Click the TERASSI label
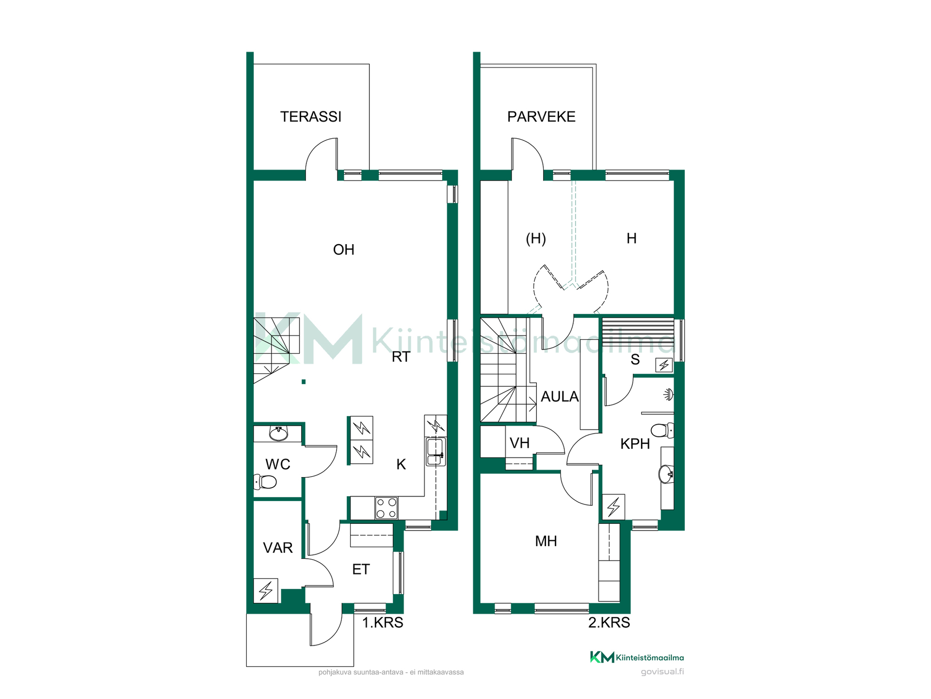[311, 116]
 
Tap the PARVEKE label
[541, 116]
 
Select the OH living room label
[343, 250]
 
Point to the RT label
[401, 357]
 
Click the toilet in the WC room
[265, 482]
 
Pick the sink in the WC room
[278, 433]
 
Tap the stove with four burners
[386, 508]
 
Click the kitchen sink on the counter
[435, 452]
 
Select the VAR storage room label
[277, 548]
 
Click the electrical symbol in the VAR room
[266, 591]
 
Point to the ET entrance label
[361, 569]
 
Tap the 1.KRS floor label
[383, 623]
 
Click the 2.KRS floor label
[609, 623]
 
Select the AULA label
[560, 397]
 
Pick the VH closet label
[519, 443]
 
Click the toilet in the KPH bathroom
[662, 430]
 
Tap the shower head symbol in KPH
[669, 394]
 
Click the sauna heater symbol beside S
[664, 365]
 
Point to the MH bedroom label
[546, 541]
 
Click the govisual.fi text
[662, 672]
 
